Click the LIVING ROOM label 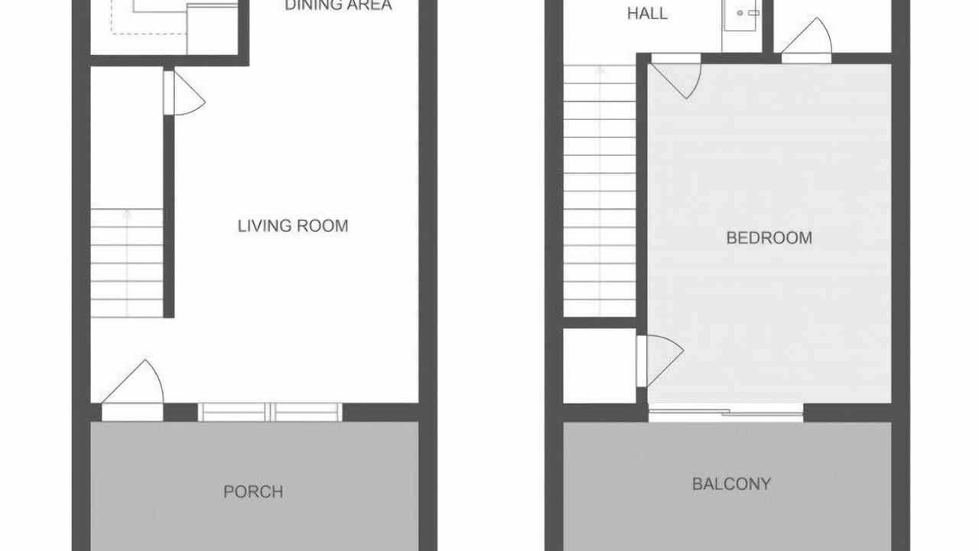pyautogui.click(x=293, y=226)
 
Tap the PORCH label pyautogui.click(x=253, y=492)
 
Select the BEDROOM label pyautogui.click(x=769, y=238)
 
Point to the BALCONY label pyautogui.click(x=732, y=484)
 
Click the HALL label pyautogui.click(x=647, y=14)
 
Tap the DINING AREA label pyautogui.click(x=338, y=5)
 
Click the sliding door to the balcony pyautogui.click(x=726, y=412)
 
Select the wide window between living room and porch pyautogui.click(x=270, y=412)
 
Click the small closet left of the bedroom pyautogui.click(x=600, y=366)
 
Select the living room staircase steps pyautogui.click(x=127, y=262)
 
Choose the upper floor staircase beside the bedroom pyautogui.click(x=600, y=191)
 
